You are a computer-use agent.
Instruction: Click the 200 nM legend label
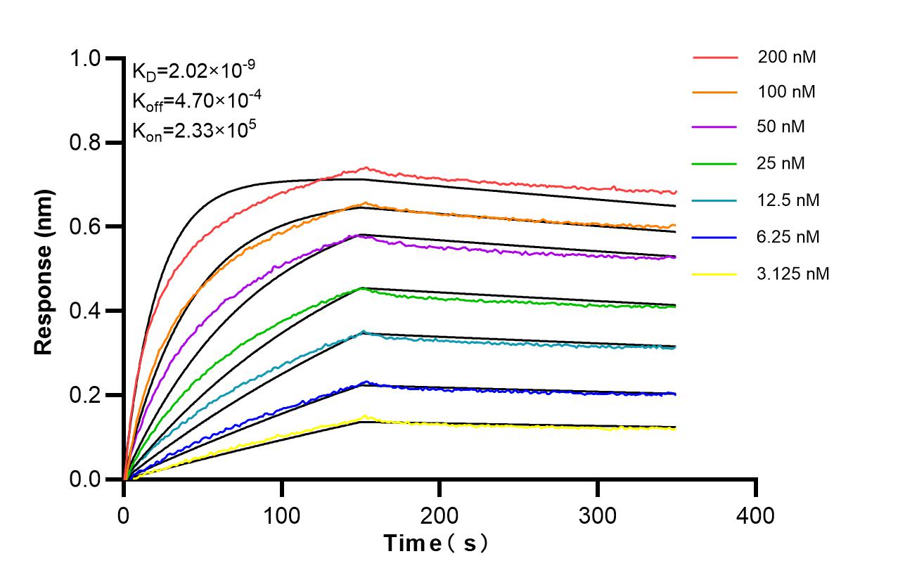coord(787,58)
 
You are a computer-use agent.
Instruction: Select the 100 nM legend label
coord(787,91)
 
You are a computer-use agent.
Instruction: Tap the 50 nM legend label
coord(781,127)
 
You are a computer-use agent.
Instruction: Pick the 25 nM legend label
coord(781,164)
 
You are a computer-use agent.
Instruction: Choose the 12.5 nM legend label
coord(788,200)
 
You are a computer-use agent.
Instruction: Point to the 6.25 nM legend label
coord(788,237)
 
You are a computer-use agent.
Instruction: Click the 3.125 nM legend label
coord(793,273)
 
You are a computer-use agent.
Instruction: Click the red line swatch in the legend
coord(714,58)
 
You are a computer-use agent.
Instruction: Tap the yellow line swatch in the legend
coord(714,273)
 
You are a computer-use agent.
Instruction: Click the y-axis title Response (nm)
coord(44,269)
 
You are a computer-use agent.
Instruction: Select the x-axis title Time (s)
coord(436,543)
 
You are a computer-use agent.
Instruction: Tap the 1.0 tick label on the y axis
coord(90,58)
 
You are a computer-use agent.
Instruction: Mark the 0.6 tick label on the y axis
coord(90,227)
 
